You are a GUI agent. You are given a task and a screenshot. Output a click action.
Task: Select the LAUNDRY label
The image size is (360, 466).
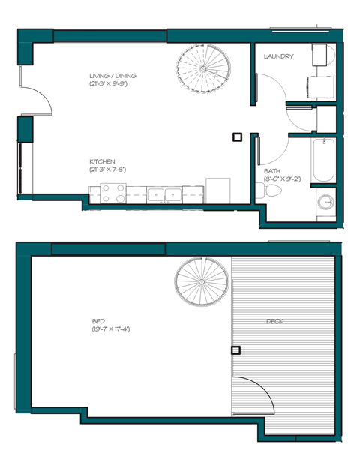(x=278, y=56)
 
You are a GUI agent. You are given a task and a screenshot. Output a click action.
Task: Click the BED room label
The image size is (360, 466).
(x=97, y=321)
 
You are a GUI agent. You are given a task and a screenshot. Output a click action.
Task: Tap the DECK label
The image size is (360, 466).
(x=274, y=321)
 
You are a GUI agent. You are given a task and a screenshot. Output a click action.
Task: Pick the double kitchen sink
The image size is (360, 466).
(x=163, y=194)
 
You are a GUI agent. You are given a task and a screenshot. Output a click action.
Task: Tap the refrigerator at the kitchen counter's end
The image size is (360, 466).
(x=217, y=189)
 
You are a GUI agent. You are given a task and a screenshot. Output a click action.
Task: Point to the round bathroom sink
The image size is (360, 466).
(x=325, y=202)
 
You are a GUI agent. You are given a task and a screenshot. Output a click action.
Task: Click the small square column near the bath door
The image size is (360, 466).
(x=237, y=137)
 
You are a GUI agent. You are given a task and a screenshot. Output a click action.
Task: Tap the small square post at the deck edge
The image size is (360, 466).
(x=235, y=350)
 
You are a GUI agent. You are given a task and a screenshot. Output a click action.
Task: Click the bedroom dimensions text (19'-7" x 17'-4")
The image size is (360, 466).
(x=110, y=329)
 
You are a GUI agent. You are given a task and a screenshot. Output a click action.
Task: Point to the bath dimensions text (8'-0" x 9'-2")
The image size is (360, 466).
(x=282, y=180)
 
